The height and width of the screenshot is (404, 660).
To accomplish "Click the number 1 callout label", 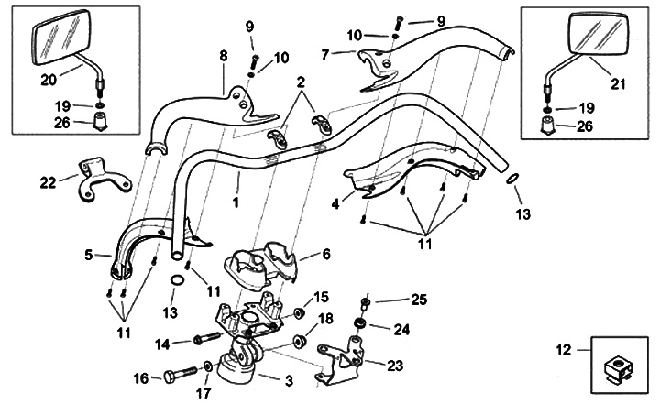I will point(236,199).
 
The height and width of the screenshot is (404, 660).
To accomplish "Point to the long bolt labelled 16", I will point(180,375).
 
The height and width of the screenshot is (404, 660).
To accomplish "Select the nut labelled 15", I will point(299,314).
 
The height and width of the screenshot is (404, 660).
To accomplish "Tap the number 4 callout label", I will point(337,204).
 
